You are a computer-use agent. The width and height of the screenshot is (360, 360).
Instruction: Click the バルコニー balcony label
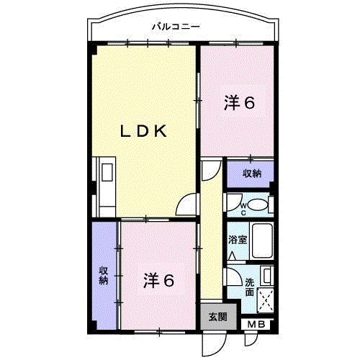(x=176, y=27)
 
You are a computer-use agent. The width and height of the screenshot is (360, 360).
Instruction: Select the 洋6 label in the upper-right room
(x=239, y=104)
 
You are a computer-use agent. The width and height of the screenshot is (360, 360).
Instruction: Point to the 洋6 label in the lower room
(x=158, y=280)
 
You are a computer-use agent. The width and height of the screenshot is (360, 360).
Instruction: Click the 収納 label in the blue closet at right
(x=251, y=174)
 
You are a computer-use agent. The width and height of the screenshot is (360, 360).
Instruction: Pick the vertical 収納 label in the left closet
(x=103, y=275)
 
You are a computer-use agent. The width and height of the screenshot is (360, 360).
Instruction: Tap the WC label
(x=243, y=210)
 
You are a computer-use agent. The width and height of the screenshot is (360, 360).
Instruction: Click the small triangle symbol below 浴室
(x=233, y=254)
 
